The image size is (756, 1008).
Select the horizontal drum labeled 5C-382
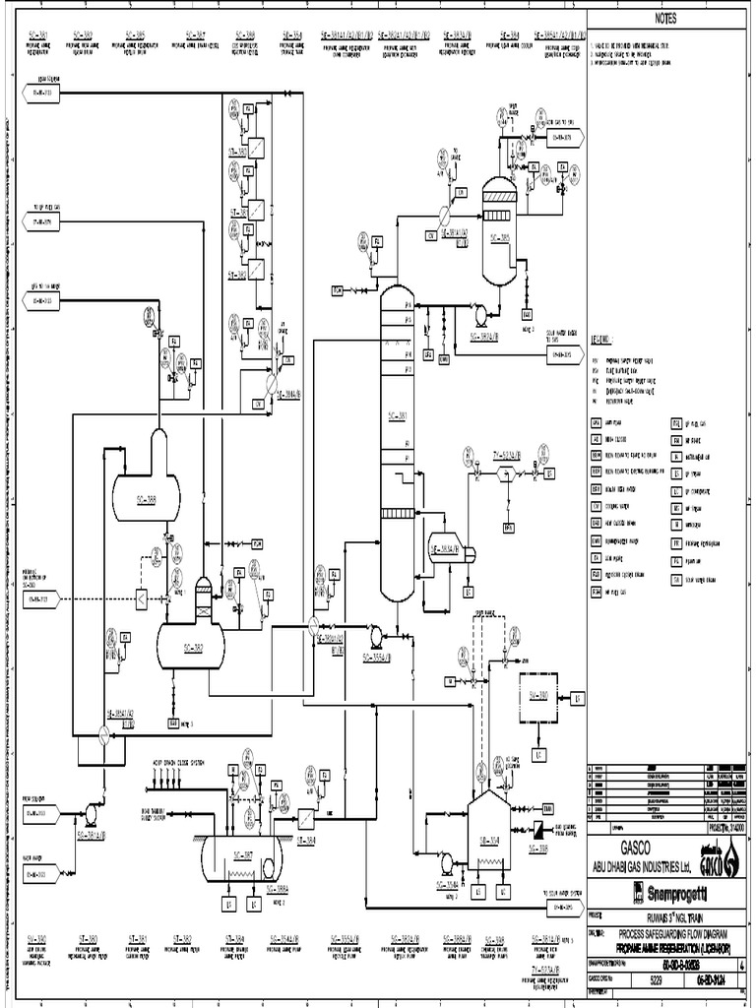pyautogui.click(x=190, y=645)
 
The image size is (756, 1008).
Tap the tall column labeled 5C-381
pyautogui.click(x=397, y=443)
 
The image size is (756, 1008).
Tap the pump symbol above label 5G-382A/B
pyautogui.click(x=479, y=316)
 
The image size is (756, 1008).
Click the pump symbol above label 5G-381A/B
pyautogui.click(x=92, y=813)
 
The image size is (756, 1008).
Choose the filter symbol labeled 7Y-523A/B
pyautogui.click(x=507, y=473)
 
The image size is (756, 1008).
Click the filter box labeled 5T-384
pyautogui.click(x=305, y=817)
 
